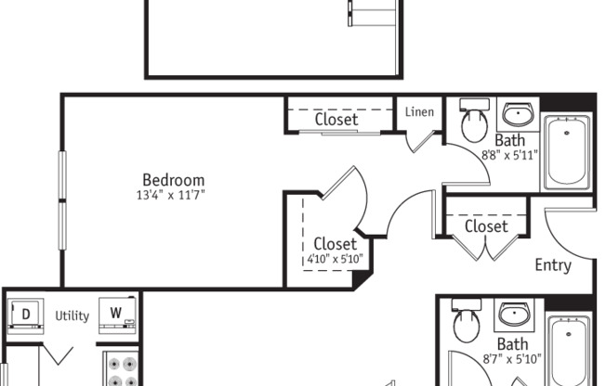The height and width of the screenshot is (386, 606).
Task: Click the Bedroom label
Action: [174, 180]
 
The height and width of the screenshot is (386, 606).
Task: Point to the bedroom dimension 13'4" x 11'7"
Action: [169, 195]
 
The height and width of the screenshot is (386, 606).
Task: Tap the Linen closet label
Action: [420, 113]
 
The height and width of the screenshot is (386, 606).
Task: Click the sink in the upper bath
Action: [518, 115]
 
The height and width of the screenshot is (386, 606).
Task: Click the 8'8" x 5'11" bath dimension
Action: [510, 155]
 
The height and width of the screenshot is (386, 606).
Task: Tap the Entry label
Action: [553, 265]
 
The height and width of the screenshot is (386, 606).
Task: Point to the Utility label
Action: [72, 315]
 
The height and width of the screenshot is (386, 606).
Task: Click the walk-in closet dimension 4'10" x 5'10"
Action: [335, 260]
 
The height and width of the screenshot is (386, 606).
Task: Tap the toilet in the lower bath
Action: [464, 325]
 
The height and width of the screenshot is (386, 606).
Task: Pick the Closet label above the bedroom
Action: [336, 119]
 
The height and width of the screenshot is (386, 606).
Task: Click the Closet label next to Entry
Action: [486, 226]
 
